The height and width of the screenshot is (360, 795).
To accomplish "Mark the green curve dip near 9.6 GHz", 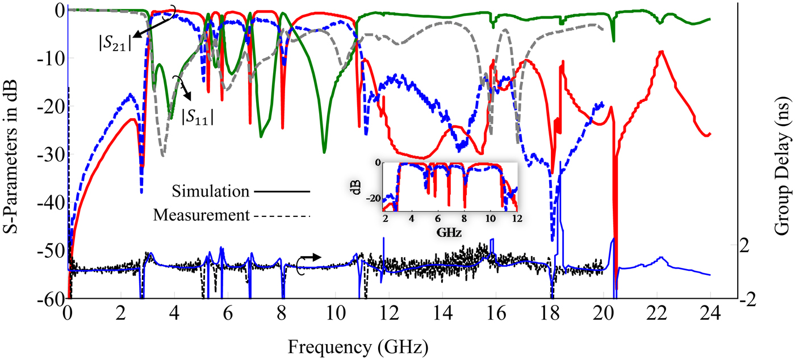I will coord(324,152).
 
